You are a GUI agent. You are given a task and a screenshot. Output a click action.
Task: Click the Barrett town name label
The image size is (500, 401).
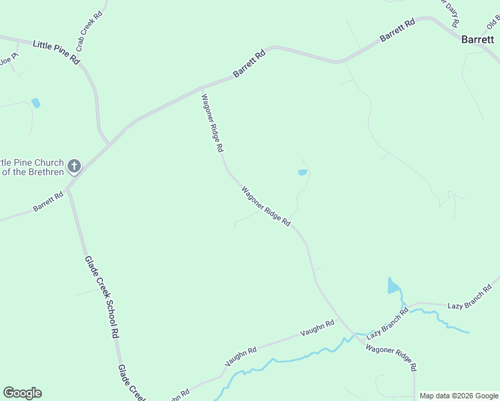point(477,39)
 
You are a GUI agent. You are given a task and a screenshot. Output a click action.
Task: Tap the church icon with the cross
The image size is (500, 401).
point(74,165)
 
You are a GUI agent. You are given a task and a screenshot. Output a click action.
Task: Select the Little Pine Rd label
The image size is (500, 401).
point(56,53)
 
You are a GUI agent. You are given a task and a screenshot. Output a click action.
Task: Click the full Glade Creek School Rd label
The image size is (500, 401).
point(102,297)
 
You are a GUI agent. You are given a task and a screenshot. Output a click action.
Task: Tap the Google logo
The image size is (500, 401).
point(22,393)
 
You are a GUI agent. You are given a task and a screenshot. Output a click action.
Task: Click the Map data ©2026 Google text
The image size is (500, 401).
point(458,396)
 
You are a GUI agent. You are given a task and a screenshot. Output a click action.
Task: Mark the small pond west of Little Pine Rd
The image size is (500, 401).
point(35,103)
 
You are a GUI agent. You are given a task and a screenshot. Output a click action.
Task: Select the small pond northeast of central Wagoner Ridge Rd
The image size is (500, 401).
point(302,172)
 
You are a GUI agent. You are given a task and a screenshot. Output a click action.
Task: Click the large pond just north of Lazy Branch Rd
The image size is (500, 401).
point(393,286)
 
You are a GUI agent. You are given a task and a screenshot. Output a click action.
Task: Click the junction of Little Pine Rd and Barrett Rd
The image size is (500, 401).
point(109,144)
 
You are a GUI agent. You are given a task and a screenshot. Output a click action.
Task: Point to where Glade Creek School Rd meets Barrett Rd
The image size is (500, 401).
point(68,188)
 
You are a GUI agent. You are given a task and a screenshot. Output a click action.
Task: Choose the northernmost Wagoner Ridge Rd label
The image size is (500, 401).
point(212,123)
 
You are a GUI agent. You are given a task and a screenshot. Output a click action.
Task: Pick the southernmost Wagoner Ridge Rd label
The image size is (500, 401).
point(391,359)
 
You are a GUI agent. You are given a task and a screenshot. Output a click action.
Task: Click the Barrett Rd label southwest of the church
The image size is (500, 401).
point(47,202)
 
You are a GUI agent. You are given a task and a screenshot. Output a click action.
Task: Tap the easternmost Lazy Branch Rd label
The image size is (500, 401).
point(469,297)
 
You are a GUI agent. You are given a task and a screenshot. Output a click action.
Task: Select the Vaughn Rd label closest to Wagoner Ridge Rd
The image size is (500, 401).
point(317,328)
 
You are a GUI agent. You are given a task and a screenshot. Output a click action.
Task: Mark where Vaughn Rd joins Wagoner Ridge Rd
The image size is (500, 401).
point(340,319)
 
